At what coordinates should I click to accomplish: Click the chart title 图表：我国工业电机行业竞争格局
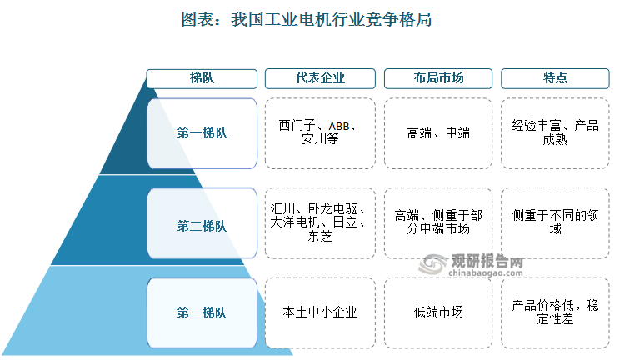pos(307,19)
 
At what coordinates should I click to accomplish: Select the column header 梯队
pos(202,78)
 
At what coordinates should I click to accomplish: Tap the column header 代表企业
pos(320,78)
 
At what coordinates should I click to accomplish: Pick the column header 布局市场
pos(438,78)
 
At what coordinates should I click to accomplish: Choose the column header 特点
pos(555,78)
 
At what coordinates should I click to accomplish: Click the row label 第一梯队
pos(202,133)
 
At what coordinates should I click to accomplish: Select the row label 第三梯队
pos(202,313)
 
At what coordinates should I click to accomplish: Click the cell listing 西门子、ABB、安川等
pos(320,133)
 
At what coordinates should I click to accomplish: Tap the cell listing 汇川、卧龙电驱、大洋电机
pos(320,223)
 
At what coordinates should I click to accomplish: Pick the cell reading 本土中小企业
pos(320,313)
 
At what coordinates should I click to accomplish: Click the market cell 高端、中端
pos(438,133)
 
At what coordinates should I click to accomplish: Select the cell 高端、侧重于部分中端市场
pos(438,223)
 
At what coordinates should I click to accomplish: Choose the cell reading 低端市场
pos(438,313)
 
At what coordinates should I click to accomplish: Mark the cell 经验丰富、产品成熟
pos(555,133)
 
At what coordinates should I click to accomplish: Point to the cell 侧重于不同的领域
pos(555,223)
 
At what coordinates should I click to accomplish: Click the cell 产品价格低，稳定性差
pos(555,313)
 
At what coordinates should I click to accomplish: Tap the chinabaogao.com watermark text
pos(486,273)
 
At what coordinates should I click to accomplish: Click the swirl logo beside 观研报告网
pos(433,264)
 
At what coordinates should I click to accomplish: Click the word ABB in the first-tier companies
pos(339,127)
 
